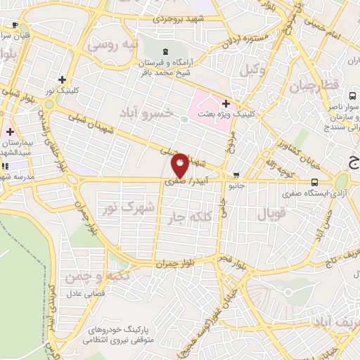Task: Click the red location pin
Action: [179, 164]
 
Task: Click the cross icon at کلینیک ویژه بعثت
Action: [225, 103]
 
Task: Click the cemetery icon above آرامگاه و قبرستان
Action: [165, 51]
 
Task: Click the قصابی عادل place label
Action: [85, 292]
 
